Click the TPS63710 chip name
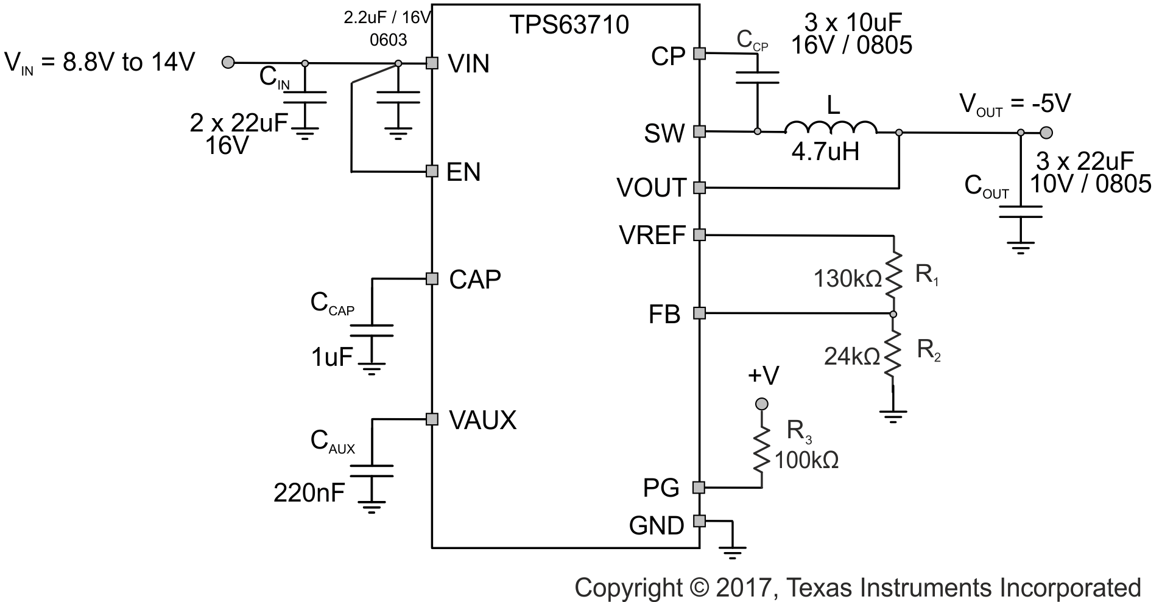pos(569,25)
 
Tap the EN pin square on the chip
pos(432,171)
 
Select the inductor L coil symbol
pos(831,128)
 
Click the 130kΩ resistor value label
pos(847,279)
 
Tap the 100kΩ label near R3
pos(806,460)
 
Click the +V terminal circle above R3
pos(761,404)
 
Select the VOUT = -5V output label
pos(1015,104)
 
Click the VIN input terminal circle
pos(228,62)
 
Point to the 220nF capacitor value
pos(309,492)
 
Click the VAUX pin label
pos(482,420)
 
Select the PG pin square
pos(699,487)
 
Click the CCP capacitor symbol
pos(757,77)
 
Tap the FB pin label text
pos(664,315)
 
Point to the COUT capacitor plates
pos(1020,212)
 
